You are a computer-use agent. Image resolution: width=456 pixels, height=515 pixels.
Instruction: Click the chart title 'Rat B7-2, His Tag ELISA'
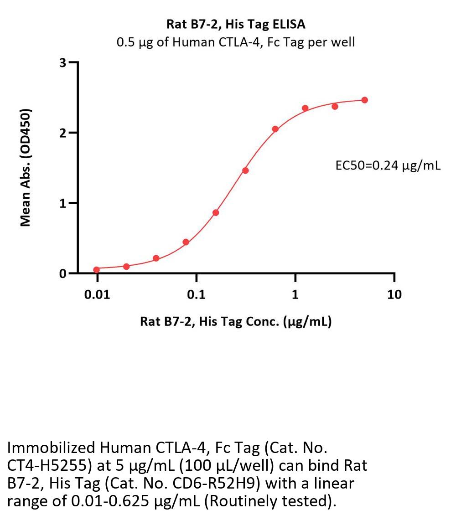coord(236,24)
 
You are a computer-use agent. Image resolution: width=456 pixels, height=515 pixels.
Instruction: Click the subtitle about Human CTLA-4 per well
coord(236,42)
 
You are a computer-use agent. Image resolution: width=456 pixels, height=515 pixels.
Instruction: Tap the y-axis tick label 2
coord(63,133)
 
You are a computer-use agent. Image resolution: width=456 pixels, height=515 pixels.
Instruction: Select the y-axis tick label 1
coord(63,203)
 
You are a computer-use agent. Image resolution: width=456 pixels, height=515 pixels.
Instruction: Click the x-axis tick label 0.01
coord(97,294)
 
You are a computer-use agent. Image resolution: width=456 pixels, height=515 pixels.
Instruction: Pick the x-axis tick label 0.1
coord(196,294)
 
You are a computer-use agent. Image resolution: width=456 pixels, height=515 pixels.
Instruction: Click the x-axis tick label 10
coord(394,294)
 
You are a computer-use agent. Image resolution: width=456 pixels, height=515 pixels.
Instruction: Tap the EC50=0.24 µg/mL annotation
coord(388,166)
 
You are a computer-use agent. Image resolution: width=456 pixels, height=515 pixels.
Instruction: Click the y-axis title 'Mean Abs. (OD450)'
coord(26,168)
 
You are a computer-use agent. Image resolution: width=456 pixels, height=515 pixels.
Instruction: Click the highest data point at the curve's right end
coord(364,100)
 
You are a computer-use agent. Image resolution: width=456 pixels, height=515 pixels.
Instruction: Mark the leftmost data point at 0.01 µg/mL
coord(97,270)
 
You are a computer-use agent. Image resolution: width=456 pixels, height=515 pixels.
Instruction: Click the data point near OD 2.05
coord(275,129)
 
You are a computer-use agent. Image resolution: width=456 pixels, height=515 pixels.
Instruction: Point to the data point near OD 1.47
coord(245,170)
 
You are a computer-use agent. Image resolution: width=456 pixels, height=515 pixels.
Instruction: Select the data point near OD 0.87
coord(216,212)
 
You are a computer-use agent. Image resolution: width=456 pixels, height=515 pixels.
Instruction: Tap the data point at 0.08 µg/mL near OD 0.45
coord(186,242)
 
